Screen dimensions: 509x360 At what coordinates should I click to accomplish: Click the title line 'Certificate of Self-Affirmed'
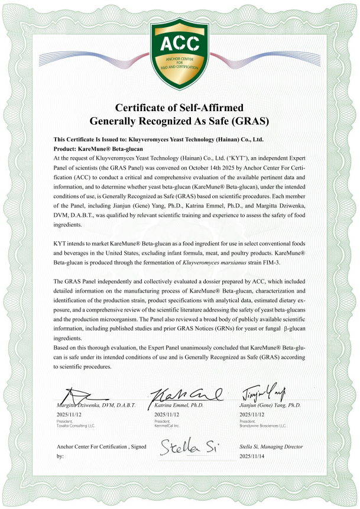(180, 108)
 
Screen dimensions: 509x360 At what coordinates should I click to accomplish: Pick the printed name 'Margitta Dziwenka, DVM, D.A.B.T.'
(96, 406)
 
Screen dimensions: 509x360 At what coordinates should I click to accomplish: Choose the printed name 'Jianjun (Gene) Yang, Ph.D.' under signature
(271, 406)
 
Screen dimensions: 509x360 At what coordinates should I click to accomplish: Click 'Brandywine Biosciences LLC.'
(262, 425)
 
